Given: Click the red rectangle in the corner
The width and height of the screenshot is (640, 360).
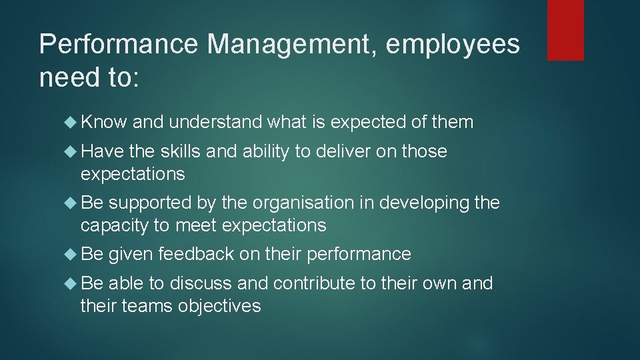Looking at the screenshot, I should click(x=565, y=30).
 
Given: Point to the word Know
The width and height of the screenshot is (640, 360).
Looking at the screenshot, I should click(x=103, y=122).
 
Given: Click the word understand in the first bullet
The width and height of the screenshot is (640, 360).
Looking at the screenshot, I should click(x=217, y=122).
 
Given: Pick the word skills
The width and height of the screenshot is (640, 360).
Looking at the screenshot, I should click(x=180, y=151).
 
